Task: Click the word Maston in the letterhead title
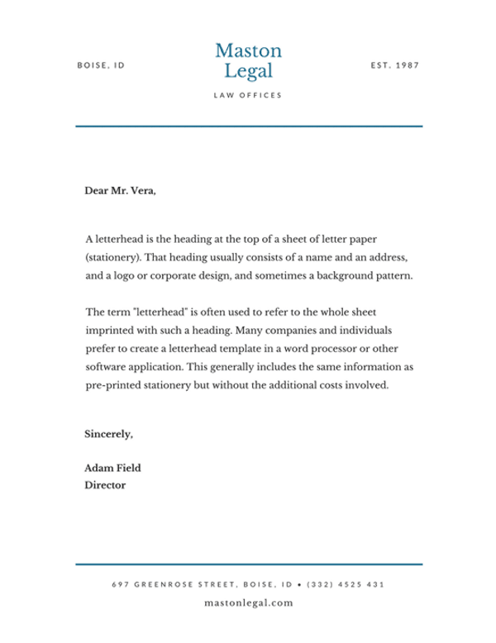point(248,51)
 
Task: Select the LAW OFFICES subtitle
point(248,95)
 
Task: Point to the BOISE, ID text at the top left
point(101,64)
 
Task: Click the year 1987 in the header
point(409,64)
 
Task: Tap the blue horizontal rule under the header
point(248,126)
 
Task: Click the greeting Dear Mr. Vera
point(121,191)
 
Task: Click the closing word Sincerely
point(109,433)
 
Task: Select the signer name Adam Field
point(114,468)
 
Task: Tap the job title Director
point(106,486)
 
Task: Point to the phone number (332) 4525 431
point(346,584)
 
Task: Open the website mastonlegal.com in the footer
point(248,603)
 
